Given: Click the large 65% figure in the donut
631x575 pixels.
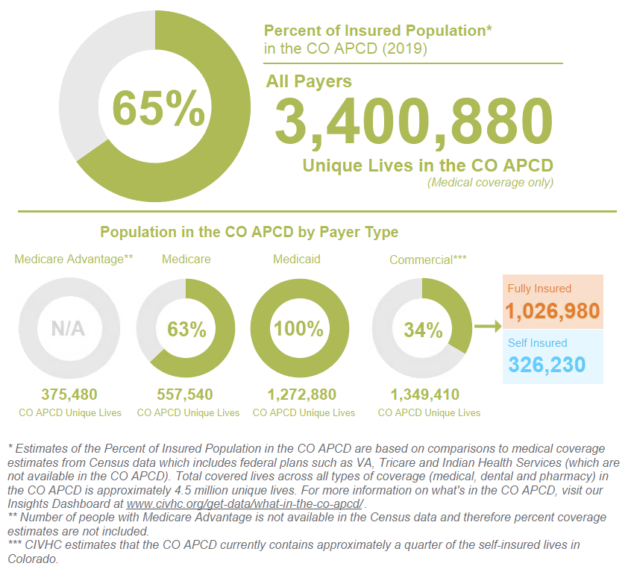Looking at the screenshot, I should click(157, 108).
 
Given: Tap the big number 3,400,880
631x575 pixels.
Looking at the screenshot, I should click(414, 122).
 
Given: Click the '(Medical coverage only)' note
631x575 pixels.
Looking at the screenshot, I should click(489, 183).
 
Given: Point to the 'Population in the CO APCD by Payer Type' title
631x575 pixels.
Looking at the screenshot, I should click(249, 232).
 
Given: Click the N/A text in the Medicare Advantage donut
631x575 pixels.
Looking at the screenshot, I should click(68, 328).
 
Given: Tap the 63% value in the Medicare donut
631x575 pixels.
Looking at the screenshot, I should click(186, 329).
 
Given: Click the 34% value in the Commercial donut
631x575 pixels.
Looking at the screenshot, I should click(423, 330).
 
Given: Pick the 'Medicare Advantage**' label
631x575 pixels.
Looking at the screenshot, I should click(74, 260).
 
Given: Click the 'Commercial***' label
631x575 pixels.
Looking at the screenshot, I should click(428, 260).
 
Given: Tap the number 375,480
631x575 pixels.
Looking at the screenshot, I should click(69, 395).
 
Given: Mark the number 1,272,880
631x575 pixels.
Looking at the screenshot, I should click(301, 395).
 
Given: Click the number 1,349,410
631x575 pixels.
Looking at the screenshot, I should click(424, 395).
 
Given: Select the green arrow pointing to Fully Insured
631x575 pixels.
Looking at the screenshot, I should click(488, 326).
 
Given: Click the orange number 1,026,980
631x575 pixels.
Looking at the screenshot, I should click(553, 311).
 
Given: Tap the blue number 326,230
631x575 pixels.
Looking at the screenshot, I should click(547, 365).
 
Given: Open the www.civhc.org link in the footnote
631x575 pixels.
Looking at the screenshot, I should click(245, 504).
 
